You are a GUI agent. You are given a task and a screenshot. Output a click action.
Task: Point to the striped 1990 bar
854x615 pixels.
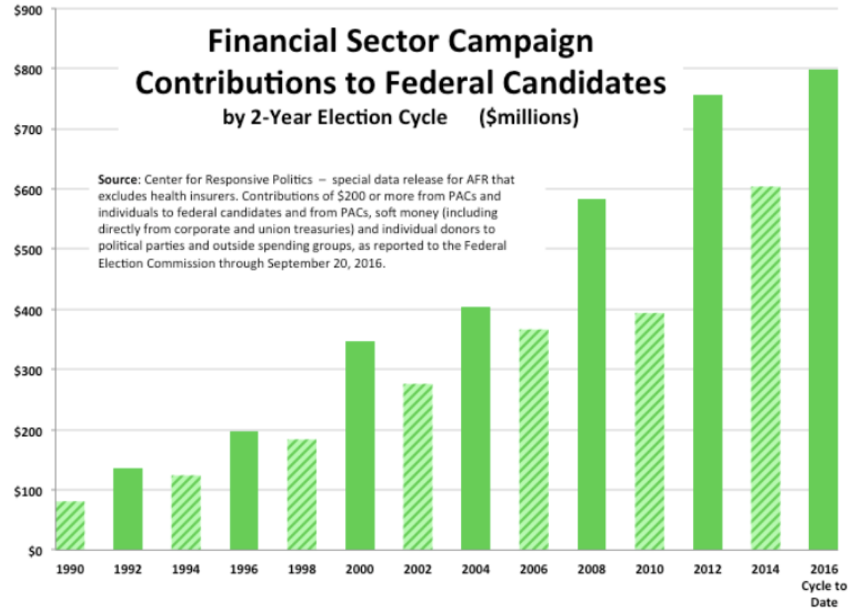pyautogui.click(x=70, y=526)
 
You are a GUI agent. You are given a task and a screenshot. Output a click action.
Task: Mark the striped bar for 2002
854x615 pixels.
pyautogui.click(x=417, y=467)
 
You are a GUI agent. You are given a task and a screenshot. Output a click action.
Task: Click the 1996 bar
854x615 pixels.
pyautogui.click(x=244, y=491)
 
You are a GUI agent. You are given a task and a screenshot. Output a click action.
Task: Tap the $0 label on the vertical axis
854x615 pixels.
pyautogui.click(x=34, y=551)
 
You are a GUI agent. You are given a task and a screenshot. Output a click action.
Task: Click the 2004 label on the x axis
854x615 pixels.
pyautogui.click(x=475, y=569)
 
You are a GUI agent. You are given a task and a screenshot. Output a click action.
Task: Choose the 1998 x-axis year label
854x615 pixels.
pyautogui.click(x=302, y=569)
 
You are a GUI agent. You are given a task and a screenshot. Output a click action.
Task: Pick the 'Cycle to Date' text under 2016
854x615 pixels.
pyautogui.click(x=823, y=594)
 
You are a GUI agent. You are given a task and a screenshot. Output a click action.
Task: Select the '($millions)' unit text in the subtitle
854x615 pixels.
pyautogui.click(x=528, y=118)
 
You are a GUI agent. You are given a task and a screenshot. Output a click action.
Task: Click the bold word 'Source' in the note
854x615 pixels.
pyautogui.click(x=118, y=179)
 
